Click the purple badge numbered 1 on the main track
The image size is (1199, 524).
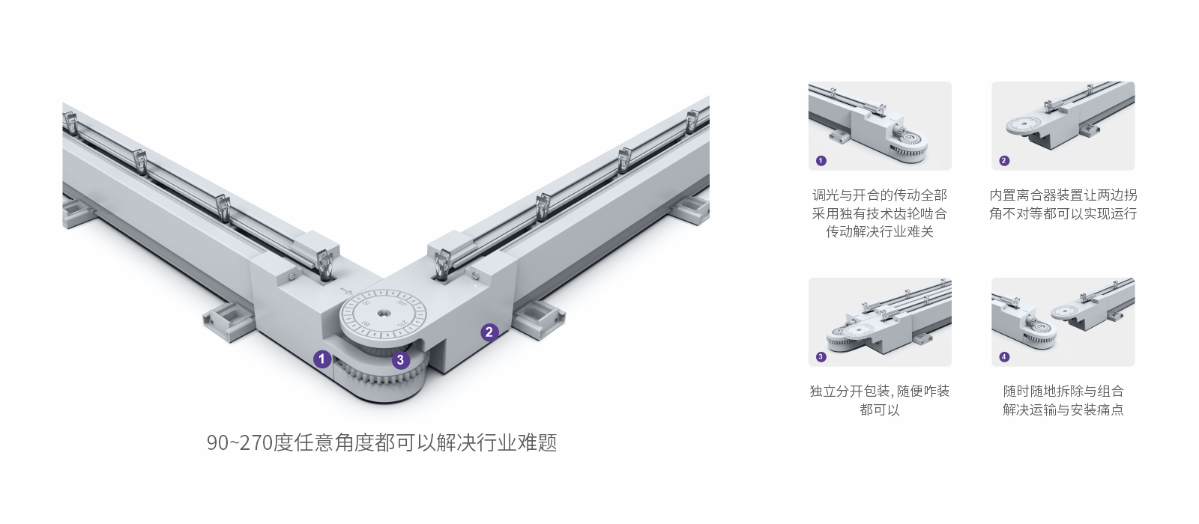pyautogui.click(x=322, y=359)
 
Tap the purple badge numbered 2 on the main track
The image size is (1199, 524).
pyautogui.click(x=489, y=332)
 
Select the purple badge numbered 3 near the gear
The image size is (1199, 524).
pyautogui.click(x=401, y=360)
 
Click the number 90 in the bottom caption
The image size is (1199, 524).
pyautogui.click(x=217, y=442)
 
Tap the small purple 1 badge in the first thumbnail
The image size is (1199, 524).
pyautogui.click(x=821, y=160)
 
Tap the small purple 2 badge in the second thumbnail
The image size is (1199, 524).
pyautogui.click(x=1004, y=160)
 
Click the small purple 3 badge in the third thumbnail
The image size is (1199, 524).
pyautogui.click(x=821, y=356)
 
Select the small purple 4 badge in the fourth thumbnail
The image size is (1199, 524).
pyautogui.click(x=1004, y=356)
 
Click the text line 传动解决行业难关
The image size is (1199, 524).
pyautogui.click(x=879, y=232)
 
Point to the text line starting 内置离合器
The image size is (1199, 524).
pyautogui.click(x=1063, y=195)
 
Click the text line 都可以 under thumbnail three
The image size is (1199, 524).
pyautogui.click(x=879, y=409)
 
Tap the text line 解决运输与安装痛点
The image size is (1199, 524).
pyautogui.click(x=1063, y=409)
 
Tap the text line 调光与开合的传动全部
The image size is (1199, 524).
pyautogui.click(x=879, y=195)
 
